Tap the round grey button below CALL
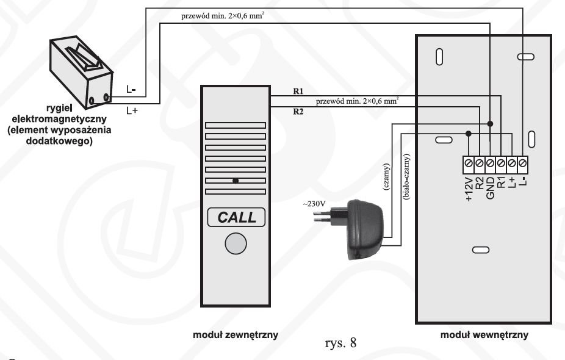[236, 243]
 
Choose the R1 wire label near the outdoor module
[298, 92]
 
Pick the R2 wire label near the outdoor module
[298, 111]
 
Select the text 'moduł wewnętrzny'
[484, 335]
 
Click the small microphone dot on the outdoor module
[235, 181]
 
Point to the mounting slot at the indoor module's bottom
[480, 250]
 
